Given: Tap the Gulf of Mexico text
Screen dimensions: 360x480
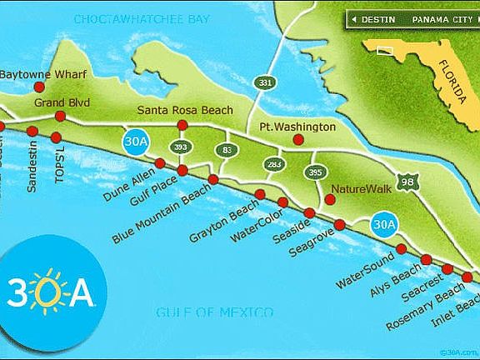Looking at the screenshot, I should [x=215, y=312].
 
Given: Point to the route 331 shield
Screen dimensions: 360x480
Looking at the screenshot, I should [x=265, y=82].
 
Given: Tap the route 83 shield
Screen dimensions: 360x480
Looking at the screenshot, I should [x=227, y=150].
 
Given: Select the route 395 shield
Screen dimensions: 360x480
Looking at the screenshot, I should [x=314, y=172].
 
